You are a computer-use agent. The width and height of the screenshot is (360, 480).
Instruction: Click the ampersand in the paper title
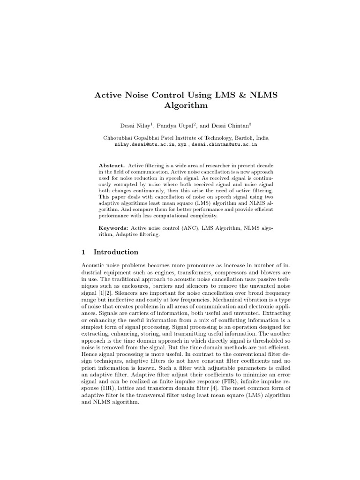pyautogui.click(x=236, y=96)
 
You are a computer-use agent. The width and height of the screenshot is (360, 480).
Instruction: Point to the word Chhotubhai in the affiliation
pyautogui.click(x=119, y=138)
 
